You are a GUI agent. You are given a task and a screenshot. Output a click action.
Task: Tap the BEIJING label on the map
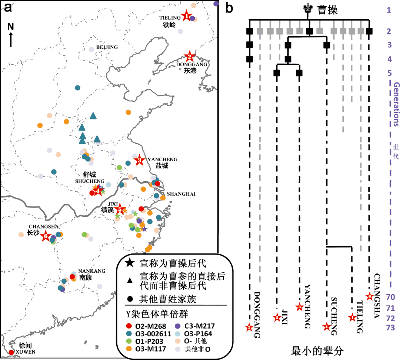[107, 47]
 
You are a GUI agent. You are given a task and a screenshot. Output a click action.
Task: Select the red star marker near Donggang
[190, 57]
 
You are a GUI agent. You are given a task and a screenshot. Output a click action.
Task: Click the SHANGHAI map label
[181, 194]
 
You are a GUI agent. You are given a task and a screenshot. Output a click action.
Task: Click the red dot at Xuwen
[11, 352]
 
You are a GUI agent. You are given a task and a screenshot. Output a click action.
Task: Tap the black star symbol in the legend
[129, 263]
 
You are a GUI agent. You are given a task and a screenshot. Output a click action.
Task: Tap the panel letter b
[229, 8]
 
